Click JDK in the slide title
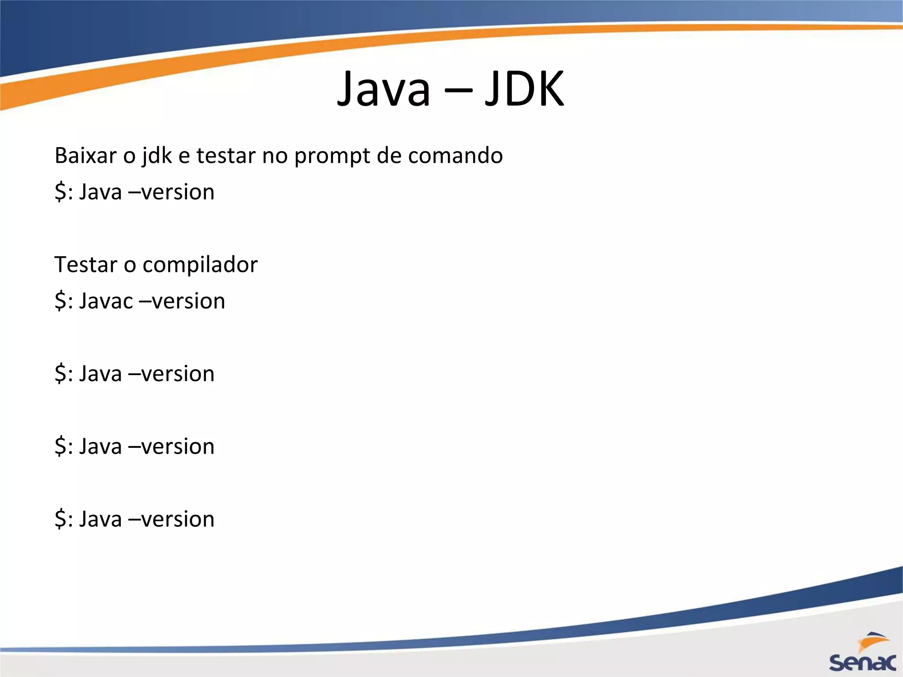(x=524, y=89)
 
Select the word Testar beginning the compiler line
(x=86, y=265)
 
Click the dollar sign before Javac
(x=60, y=301)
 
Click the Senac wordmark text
(x=862, y=662)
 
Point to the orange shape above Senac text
(x=873, y=640)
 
